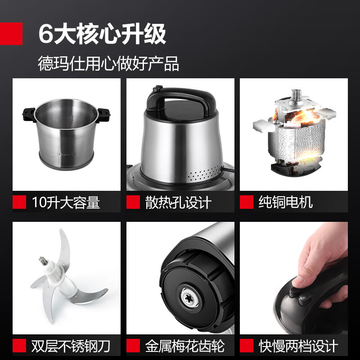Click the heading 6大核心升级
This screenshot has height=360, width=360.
point(103,35)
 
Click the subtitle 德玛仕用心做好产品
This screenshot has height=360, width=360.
point(108,63)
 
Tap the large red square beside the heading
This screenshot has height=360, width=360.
point(11,34)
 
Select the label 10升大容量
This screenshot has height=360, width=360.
point(66,202)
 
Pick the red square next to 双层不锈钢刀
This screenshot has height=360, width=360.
point(19,346)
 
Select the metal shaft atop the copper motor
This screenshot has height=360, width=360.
point(297,94)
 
